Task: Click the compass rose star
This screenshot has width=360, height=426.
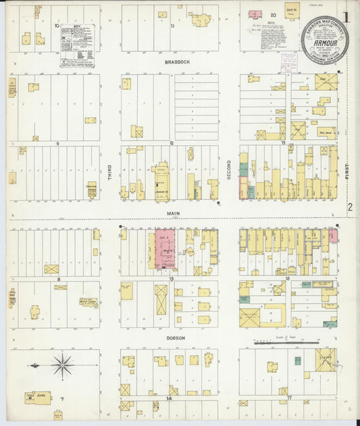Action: [x=62, y=365]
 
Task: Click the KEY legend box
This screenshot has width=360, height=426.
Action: [x=77, y=45]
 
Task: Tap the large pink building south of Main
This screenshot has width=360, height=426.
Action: [x=165, y=249]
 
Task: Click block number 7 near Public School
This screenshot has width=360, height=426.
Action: [x=61, y=399]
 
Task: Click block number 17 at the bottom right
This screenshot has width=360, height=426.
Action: [x=288, y=398]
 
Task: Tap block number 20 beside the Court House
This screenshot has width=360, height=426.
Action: [x=274, y=14]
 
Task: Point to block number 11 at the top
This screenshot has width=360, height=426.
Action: [x=173, y=26]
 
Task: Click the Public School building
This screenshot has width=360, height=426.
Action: [x=38, y=398]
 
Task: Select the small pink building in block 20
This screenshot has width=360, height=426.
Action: [x=255, y=14]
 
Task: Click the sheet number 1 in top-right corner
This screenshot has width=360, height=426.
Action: [x=346, y=17]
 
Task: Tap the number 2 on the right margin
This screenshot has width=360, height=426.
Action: [x=350, y=208]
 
